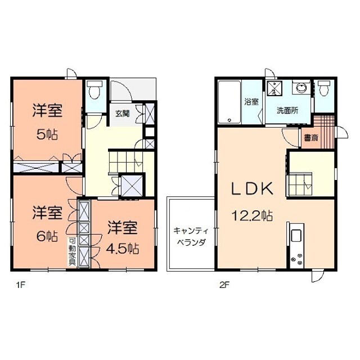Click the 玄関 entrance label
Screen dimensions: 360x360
[x=122, y=112]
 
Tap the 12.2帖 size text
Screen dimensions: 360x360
[x=251, y=214]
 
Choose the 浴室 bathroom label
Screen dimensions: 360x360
[x=251, y=102]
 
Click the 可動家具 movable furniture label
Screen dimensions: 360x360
[x=72, y=253]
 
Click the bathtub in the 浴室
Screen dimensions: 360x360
[x=229, y=102]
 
